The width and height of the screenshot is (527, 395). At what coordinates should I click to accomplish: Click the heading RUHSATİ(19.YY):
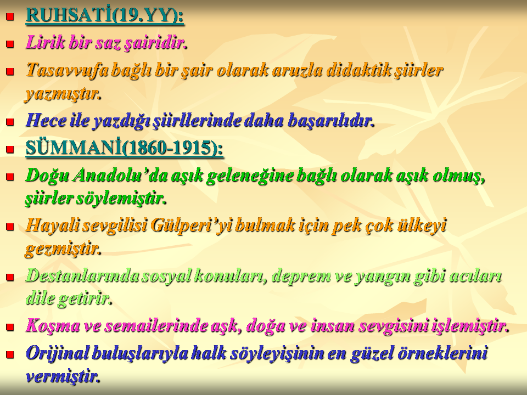[105, 15]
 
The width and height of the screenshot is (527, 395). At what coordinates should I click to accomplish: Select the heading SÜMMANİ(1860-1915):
[125, 148]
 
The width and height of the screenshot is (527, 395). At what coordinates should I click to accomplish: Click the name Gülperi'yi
[191, 225]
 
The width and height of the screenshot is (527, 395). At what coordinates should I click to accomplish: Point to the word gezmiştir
[63, 249]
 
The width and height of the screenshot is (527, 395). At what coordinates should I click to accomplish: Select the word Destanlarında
[82, 276]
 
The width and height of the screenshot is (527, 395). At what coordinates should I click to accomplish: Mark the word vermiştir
[63, 376]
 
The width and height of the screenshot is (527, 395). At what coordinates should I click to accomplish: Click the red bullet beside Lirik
[10, 44]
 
